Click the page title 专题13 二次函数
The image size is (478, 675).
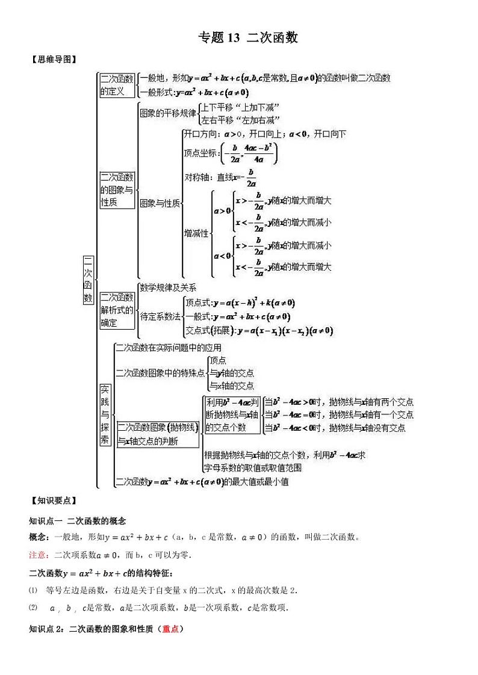pos(248,38)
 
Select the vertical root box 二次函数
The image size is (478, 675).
pos(88,280)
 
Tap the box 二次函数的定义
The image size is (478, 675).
pos(117,85)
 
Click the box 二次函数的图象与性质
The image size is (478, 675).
pos(117,190)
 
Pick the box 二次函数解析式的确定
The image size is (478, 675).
pos(117,310)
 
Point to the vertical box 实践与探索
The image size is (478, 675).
pos(105,415)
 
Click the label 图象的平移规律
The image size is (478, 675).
pos(168,113)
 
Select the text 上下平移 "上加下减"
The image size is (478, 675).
pos(234,107)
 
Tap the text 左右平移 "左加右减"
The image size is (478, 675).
pos(234,120)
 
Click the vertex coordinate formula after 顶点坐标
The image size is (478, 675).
pos(249,153)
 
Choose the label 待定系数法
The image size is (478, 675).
pos(160,316)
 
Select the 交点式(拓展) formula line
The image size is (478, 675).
pos(259,330)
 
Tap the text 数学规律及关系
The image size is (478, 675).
pos(168,288)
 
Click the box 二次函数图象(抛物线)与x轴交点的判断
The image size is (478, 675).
pos(158,434)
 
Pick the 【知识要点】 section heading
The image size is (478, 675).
pos(53,500)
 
